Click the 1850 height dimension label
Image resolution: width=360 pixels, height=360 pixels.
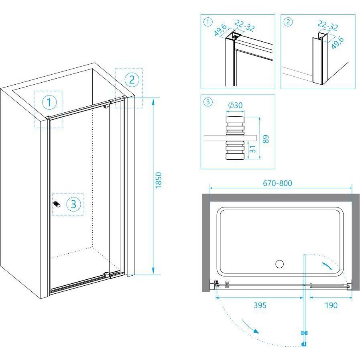(159, 181)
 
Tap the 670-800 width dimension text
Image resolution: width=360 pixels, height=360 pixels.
(278, 183)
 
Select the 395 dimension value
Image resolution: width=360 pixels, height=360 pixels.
(260, 305)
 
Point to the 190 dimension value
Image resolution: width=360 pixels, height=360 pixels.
(331, 305)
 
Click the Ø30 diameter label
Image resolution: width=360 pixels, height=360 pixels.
(235, 105)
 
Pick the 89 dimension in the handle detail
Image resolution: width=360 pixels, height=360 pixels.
(266, 139)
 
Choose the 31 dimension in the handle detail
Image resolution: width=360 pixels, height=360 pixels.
(252, 149)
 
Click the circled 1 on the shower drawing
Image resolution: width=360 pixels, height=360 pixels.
(49, 102)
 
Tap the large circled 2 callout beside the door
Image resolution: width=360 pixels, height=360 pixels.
(132, 80)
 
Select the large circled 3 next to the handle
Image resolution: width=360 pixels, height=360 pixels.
(74, 204)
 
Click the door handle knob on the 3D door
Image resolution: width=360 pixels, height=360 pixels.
(57, 204)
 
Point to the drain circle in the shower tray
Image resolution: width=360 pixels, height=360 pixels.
(279, 264)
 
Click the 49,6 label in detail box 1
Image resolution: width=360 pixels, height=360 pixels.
(220, 30)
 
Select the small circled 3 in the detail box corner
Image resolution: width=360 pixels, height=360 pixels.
(208, 102)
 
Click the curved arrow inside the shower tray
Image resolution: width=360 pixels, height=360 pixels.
(326, 265)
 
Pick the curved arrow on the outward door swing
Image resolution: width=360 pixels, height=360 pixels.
(250, 326)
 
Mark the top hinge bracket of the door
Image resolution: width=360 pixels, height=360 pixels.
(106, 106)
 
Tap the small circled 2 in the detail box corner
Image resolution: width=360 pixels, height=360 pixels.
(288, 22)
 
